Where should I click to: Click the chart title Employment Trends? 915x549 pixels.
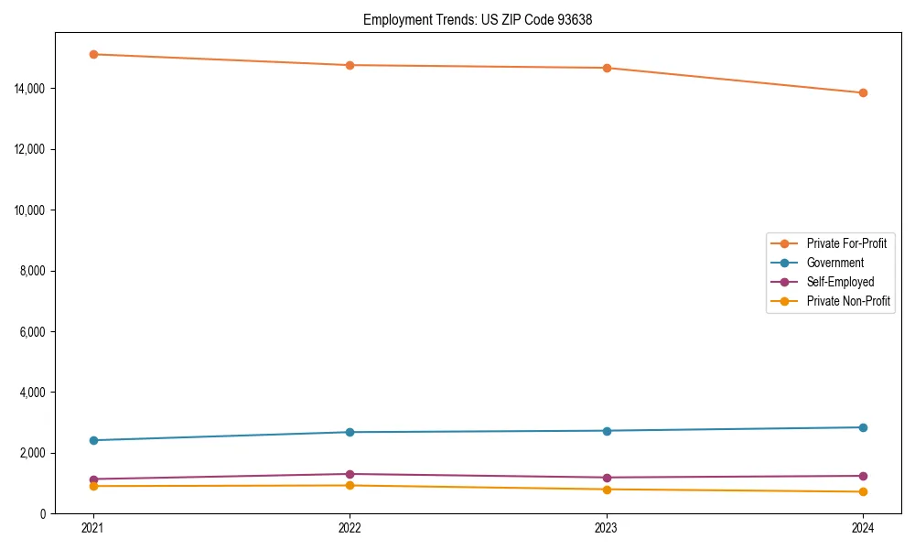(478, 19)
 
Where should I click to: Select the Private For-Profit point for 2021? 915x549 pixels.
(92, 54)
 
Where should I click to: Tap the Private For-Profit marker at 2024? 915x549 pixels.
(863, 92)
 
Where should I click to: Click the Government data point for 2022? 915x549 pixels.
(350, 432)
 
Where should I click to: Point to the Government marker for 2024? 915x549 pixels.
(863, 427)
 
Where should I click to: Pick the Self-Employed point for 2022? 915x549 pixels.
(350, 474)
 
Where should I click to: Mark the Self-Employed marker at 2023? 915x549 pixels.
(607, 478)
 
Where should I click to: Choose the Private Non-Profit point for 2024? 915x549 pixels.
(863, 492)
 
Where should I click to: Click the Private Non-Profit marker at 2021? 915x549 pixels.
(92, 486)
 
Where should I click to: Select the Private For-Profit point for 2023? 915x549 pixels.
(607, 68)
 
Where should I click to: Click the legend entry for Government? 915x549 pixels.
(834, 263)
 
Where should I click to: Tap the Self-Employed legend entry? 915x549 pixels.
(840, 282)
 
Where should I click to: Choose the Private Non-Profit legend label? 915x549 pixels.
(848, 301)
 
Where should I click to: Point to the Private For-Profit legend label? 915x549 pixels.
(846, 243)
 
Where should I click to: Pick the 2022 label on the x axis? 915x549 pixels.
(350, 528)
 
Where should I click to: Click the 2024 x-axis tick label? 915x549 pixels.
(863, 528)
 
